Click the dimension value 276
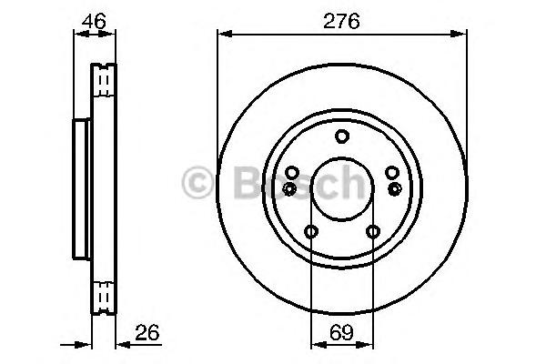pyautogui.click(x=341, y=21)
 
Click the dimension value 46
pyautogui.click(x=94, y=21)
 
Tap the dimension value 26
pyautogui.click(x=147, y=332)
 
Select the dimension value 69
pyautogui.click(x=341, y=332)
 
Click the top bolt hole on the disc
pyautogui.click(x=342, y=136)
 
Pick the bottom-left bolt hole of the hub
pyautogui.click(x=311, y=231)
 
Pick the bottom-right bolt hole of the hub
pyautogui.click(x=373, y=231)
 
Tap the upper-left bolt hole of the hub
pyautogui.click(x=292, y=172)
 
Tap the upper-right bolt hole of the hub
pyautogui.click(x=392, y=172)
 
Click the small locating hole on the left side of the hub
pyautogui.click(x=289, y=188)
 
